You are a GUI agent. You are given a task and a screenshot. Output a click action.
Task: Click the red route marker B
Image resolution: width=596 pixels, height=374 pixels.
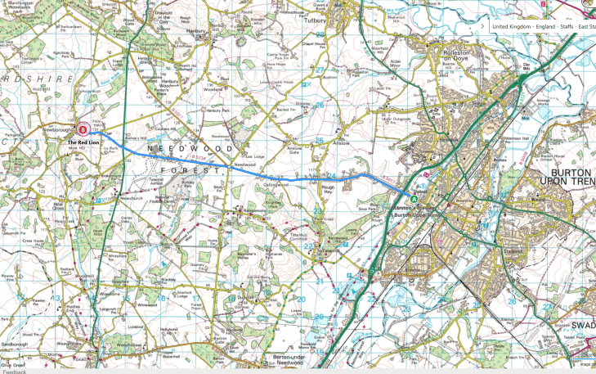83,128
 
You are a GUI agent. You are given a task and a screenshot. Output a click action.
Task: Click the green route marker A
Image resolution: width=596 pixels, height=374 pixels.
414,198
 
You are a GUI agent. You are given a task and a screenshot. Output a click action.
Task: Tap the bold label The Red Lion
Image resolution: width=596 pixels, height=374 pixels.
83,142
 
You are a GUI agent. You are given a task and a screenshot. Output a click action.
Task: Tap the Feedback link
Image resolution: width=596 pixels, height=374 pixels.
14,371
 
